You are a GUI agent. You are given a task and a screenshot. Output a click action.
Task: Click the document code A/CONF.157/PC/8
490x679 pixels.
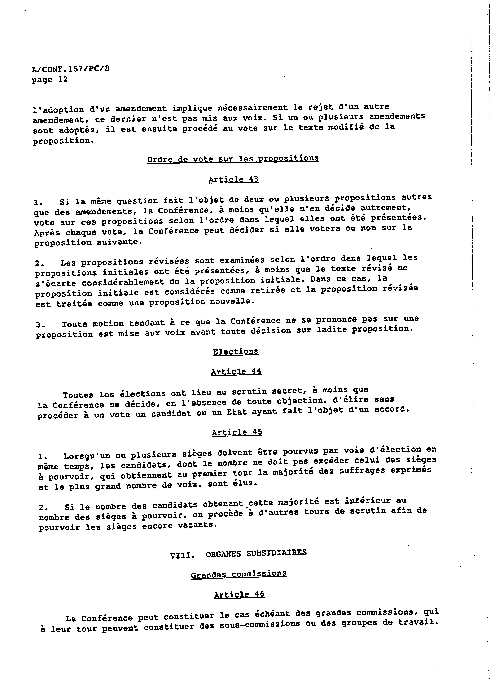pyautogui.click(x=70, y=69)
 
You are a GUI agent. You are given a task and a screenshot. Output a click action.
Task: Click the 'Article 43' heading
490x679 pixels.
pyautogui.click(x=233, y=179)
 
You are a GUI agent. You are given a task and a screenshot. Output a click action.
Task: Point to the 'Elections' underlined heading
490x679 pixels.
pyautogui.click(x=236, y=352)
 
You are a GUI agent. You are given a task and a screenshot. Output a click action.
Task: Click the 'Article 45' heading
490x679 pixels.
pyautogui.click(x=237, y=432)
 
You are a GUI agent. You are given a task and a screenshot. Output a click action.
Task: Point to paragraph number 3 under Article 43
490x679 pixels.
pyautogui.click(x=39, y=325)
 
